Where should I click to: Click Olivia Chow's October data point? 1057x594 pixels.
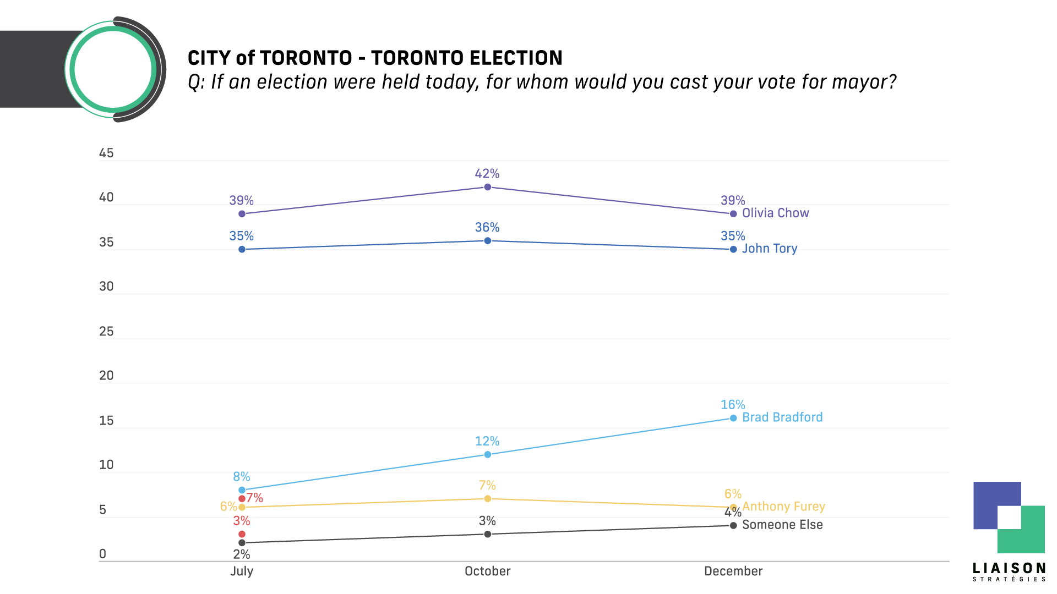pos(487,187)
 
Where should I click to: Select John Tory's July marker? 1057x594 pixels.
pos(242,250)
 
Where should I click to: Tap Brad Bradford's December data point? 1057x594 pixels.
pos(733,418)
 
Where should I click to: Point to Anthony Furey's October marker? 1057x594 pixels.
pos(487,499)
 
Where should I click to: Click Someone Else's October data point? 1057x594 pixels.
pos(487,534)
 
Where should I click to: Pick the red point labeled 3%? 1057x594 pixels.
pos(242,534)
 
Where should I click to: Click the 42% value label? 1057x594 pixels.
pos(487,174)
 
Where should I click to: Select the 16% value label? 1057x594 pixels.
pos(733,405)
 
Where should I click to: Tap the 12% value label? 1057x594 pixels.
pos(487,441)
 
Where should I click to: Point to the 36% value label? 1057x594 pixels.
pos(487,227)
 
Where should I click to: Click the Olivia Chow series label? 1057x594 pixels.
pos(775,213)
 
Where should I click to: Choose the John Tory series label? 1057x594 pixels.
pos(770,249)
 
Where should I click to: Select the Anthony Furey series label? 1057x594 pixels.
pos(783,507)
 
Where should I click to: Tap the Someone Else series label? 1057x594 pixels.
pos(782,525)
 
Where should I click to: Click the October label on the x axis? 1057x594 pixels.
pos(487,571)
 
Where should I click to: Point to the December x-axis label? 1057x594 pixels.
pos(733,571)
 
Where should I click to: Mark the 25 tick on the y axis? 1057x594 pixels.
pos(106,331)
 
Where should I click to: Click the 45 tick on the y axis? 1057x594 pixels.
pos(106,153)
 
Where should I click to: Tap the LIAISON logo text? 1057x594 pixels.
pos(1009,568)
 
